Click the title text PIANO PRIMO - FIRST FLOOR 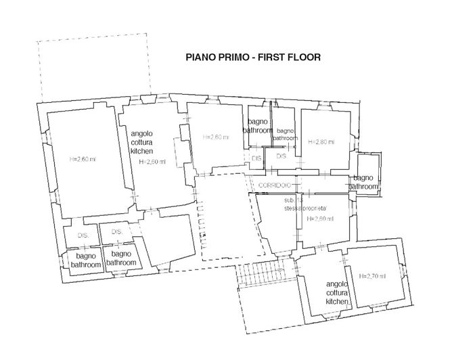252,58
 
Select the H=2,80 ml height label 320,142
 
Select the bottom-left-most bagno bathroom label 86,261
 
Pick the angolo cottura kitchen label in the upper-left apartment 142,142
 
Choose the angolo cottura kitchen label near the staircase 336,292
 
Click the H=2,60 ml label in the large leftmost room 83,160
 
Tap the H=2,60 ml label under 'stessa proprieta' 319,220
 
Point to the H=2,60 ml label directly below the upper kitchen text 152,162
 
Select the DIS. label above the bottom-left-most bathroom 83,235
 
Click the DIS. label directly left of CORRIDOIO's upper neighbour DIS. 256,158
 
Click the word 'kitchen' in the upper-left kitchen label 142,152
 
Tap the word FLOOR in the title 304,58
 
